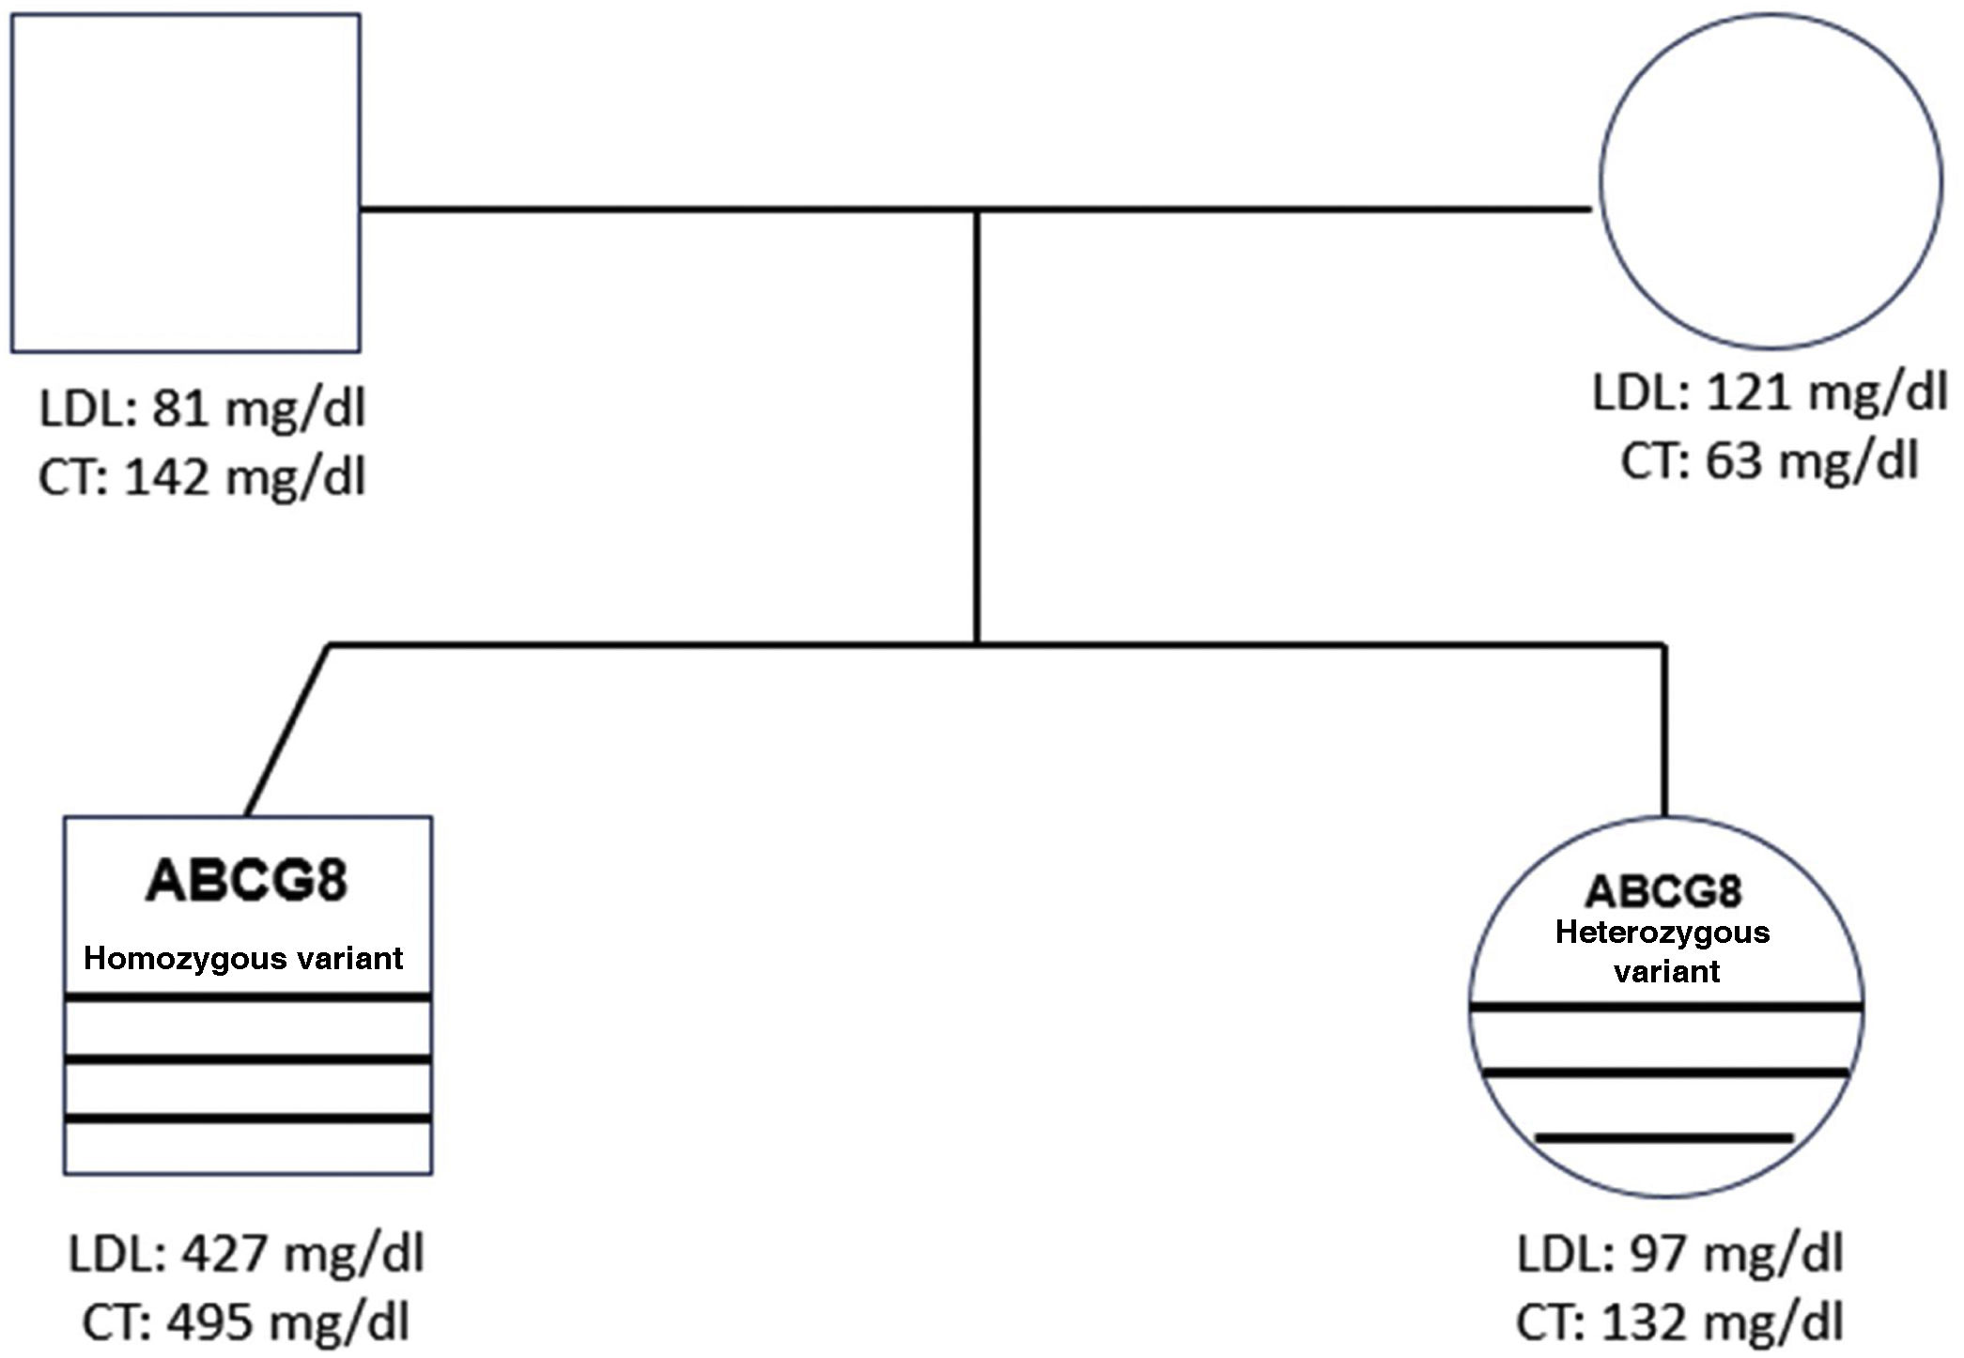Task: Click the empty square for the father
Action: pos(185,183)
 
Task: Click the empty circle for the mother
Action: pos(1771,181)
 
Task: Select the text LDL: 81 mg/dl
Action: pos(202,409)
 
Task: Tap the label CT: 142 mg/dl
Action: pos(202,477)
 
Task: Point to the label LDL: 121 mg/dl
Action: pos(1770,393)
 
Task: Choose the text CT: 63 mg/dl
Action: pos(1770,462)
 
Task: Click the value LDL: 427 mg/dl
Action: pos(246,1254)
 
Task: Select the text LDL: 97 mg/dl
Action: pos(1680,1254)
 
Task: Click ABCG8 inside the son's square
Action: pos(246,881)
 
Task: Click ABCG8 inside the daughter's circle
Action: pos(1663,891)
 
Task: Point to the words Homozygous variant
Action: pos(243,958)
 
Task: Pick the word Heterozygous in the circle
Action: pos(1662,933)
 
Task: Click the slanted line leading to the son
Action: pos(286,731)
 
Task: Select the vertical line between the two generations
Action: pos(977,427)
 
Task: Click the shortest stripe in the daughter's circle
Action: pos(1663,1138)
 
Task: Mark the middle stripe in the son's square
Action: pos(248,1059)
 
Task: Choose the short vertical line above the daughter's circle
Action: pos(1664,731)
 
